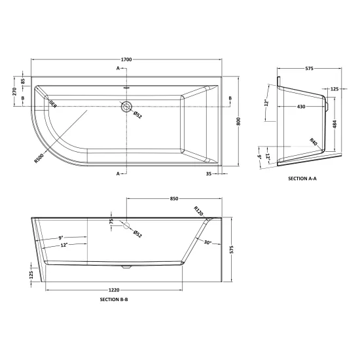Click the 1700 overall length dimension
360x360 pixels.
(x=126, y=60)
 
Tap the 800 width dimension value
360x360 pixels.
(x=238, y=121)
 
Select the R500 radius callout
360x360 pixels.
(x=39, y=158)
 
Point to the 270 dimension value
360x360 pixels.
(x=14, y=92)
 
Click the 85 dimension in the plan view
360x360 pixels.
(x=22, y=81)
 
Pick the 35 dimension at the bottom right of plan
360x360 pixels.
(x=208, y=174)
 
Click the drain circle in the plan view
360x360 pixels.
(x=126, y=106)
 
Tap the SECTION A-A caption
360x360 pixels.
(x=302, y=179)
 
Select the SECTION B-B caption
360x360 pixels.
(x=114, y=299)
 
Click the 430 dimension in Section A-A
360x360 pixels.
(x=301, y=107)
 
